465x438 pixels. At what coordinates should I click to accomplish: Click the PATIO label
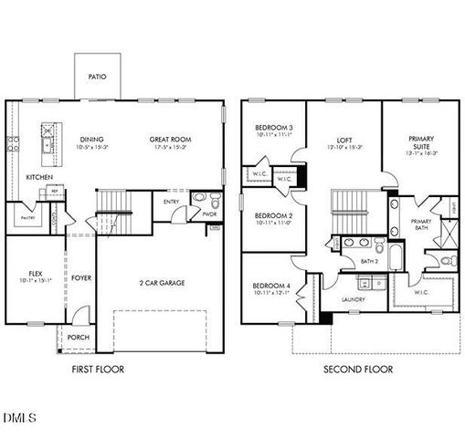point(98,78)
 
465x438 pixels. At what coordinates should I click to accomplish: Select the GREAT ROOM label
point(169,140)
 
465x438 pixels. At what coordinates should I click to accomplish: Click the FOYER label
point(82,277)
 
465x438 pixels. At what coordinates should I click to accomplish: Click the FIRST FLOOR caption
point(97,370)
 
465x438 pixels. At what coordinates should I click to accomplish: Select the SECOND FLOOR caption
point(358,370)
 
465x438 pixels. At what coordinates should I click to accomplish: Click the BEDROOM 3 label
point(273,127)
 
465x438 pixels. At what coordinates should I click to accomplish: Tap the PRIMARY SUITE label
point(420,141)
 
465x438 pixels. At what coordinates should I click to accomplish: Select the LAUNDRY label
point(354,299)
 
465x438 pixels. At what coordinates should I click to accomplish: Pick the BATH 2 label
point(369,261)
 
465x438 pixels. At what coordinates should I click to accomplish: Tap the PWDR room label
point(209,214)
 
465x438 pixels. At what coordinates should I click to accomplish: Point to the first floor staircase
point(115,200)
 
